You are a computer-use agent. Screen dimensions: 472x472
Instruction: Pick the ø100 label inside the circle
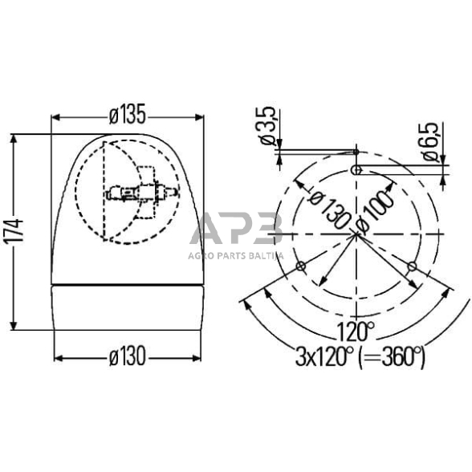(376, 211)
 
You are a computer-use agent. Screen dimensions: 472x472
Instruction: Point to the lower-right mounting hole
(413, 266)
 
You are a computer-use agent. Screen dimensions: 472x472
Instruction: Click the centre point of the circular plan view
(356, 234)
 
